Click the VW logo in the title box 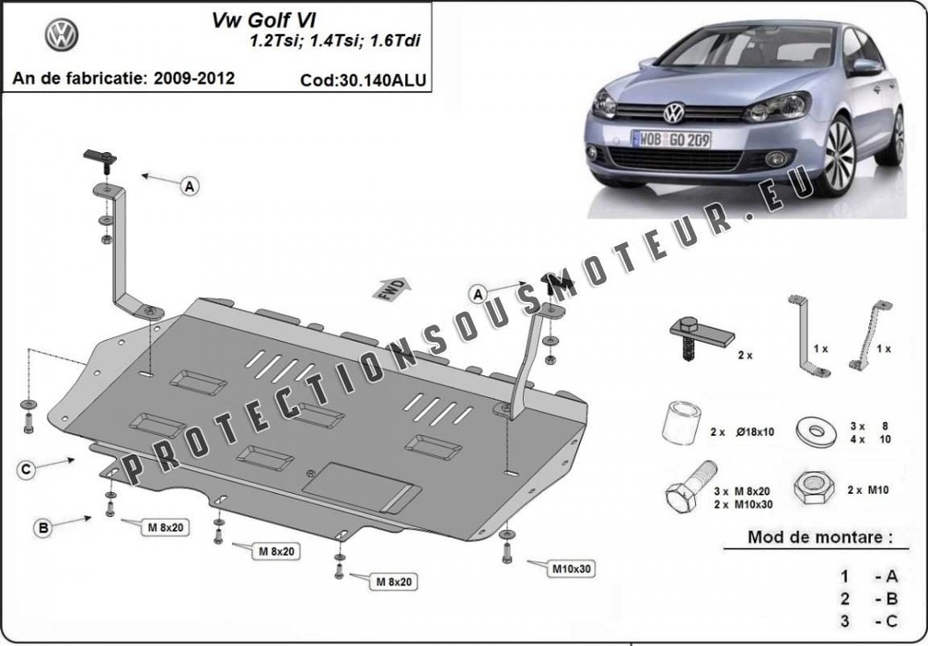pos(61,34)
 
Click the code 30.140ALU pos(362,80)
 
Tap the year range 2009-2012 pos(195,78)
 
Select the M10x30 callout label pos(572,569)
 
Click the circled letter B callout pos(43,528)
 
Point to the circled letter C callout pos(26,470)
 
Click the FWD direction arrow pos(391,288)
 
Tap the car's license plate pos(671,139)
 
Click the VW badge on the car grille pos(673,113)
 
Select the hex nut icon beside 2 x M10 pos(814,488)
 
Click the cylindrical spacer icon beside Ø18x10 pos(681,423)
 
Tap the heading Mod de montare pos(820,537)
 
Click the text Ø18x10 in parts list pos(755,432)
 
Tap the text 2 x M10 pos(868,490)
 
